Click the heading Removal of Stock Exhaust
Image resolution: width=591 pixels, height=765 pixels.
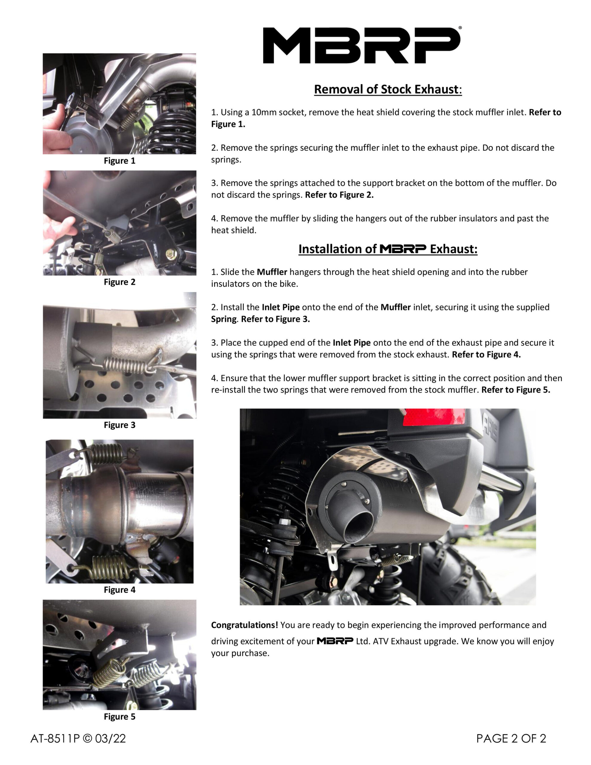pos(388,89)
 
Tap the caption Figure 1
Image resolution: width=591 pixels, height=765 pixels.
pos(120,161)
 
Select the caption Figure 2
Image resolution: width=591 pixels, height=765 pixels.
pos(120,282)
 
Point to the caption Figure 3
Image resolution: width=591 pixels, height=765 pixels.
pos(120,425)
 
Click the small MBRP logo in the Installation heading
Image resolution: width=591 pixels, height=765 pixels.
pos(403,249)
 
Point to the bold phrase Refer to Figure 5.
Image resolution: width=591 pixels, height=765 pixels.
pos(516,390)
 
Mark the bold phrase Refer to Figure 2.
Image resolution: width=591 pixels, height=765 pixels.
pos(339,195)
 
